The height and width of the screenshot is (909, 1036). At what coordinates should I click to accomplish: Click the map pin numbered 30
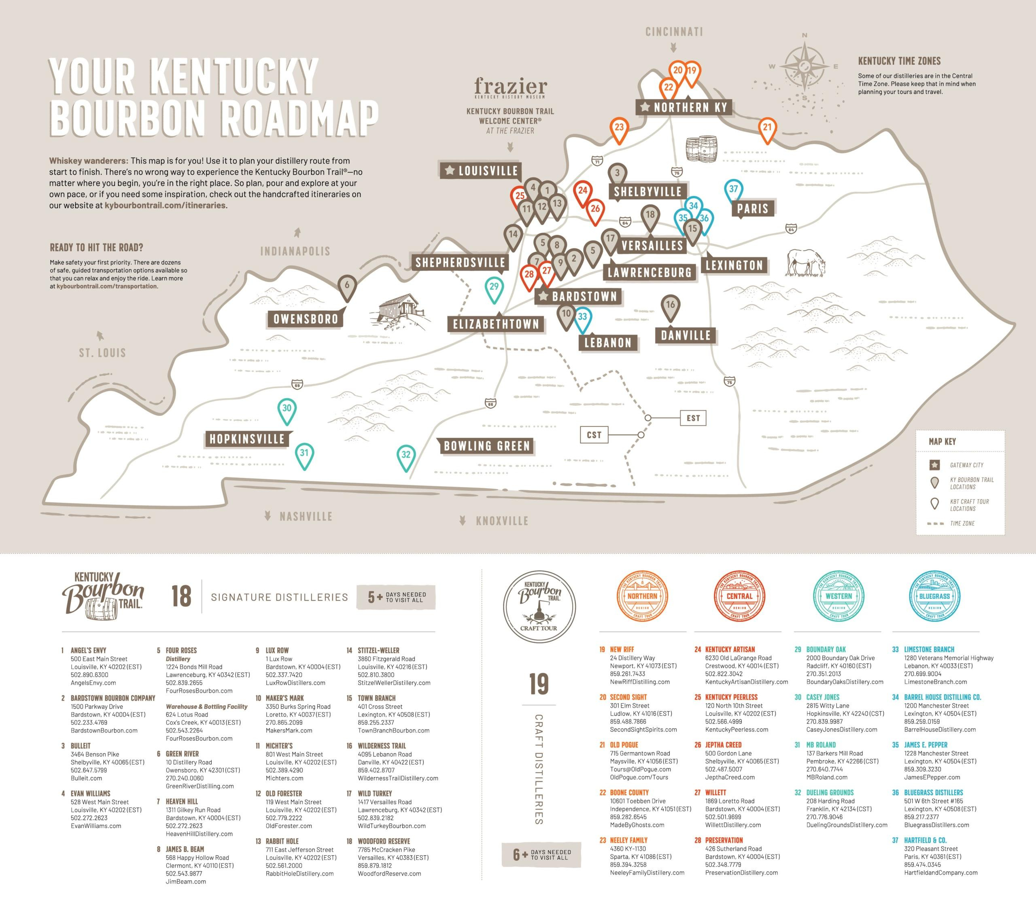[x=287, y=409]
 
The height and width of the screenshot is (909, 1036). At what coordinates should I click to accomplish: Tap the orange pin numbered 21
[x=767, y=129]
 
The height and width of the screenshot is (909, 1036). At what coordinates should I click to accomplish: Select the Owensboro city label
[x=305, y=319]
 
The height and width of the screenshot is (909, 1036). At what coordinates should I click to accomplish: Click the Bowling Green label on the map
[x=486, y=446]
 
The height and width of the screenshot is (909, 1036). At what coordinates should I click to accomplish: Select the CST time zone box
[x=594, y=435]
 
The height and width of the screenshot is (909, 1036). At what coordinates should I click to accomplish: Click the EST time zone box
[x=693, y=418]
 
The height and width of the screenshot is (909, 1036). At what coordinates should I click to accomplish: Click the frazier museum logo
[x=510, y=88]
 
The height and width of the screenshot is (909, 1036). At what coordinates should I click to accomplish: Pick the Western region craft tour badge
[x=839, y=596]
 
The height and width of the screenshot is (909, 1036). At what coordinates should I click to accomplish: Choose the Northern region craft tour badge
[x=642, y=596]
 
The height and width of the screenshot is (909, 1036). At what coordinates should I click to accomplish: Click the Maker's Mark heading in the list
[x=284, y=698]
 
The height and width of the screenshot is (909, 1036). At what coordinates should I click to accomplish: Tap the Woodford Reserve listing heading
[x=384, y=841]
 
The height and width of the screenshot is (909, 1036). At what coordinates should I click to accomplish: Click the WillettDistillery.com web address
[x=733, y=824]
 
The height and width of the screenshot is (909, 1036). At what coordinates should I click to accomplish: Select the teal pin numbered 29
[x=494, y=288]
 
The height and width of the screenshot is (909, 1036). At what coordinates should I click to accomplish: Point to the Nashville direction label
[x=306, y=516]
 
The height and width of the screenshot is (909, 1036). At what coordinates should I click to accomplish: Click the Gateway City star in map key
[x=935, y=465]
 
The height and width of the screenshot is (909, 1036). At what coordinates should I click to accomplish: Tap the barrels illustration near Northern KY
[x=701, y=149]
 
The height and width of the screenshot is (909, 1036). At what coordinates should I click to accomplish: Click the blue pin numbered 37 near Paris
[x=733, y=191]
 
